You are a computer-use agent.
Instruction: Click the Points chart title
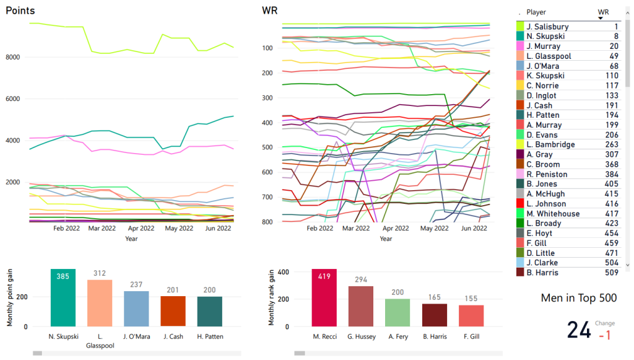20,11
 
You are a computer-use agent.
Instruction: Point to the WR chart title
270,11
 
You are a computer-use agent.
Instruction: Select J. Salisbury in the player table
547,27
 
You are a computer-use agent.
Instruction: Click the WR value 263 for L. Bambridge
610,145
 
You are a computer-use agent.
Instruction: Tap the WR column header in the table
603,12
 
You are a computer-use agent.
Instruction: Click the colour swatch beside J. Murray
520,46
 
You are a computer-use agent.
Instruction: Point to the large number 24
579,330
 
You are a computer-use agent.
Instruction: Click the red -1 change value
605,335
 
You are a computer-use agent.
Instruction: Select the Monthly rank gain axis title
271,298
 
